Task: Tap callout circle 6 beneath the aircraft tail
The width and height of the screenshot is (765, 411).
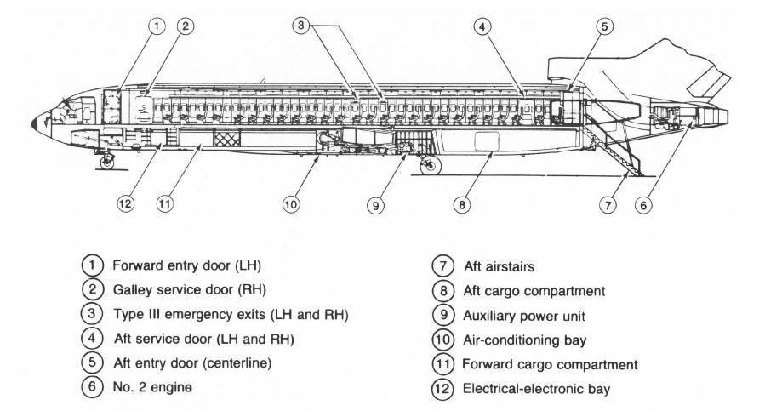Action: pos(645,204)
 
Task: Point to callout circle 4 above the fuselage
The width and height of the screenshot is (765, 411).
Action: pos(482,26)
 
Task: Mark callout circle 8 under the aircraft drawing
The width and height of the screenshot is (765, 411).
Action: pos(461,204)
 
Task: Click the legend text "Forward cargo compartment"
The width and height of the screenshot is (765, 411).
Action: pos(548,364)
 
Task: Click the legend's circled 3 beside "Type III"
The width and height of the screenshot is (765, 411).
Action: pos(95,314)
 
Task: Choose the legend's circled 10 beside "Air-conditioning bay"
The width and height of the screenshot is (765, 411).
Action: pos(443,340)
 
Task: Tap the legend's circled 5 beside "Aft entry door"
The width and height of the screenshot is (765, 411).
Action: pos(95,364)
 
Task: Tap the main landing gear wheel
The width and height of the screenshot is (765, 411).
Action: pos(432,165)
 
